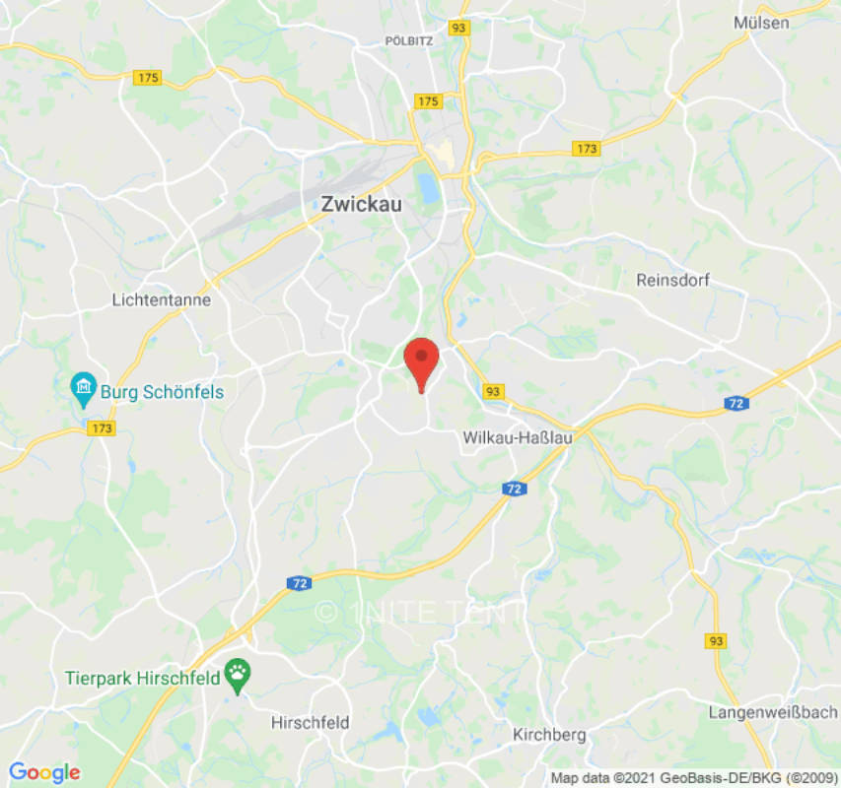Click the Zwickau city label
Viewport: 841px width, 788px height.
(361, 205)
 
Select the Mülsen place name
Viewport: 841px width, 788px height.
(762, 22)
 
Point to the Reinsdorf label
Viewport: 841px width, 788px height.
(673, 281)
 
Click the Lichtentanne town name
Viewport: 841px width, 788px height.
(162, 299)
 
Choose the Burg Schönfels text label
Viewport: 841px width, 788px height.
(162, 392)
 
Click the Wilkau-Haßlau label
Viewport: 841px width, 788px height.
(517, 438)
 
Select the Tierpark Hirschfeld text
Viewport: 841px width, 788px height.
(142, 678)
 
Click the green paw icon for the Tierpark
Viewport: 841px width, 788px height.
(238, 675)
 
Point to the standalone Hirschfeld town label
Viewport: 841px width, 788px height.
(310, 722)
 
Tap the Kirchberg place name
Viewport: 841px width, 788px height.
(549, 734)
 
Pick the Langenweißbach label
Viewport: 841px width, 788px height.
(773, 712)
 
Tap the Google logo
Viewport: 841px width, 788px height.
(44, 773)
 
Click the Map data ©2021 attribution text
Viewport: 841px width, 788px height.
(694, 778)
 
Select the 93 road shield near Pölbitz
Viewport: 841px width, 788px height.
(458, 29)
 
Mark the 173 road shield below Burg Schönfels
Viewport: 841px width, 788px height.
(102, 428)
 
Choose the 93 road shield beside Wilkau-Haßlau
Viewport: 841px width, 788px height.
(494, 391)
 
